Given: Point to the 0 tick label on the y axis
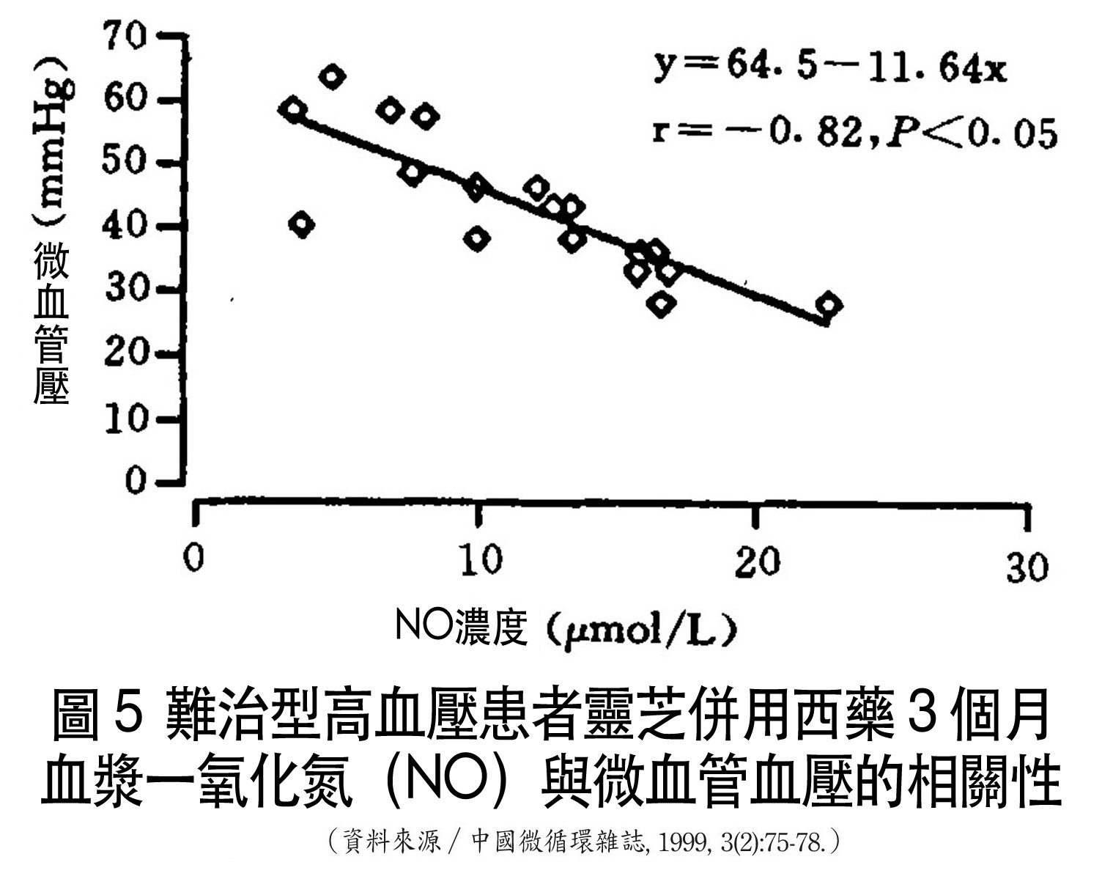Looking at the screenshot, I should click(x=136, y=481).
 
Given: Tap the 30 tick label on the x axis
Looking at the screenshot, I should click(x=1027, y=567).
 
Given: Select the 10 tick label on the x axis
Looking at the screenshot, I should click(x=482, y=562).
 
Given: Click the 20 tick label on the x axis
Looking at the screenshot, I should click(x=758, y=563).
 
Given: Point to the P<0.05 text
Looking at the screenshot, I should click(x=972, y=134).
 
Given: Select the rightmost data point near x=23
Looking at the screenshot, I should click(x=829, y=304).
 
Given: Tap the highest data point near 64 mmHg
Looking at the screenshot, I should click(x=332, y=77).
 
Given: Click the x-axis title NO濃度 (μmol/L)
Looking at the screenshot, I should click(x=564, y=628).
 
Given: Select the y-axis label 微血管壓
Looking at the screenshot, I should click(x=51, y=323).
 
